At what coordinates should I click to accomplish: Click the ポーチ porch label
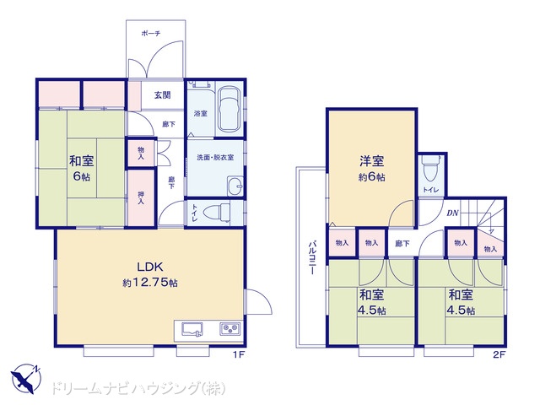pos(151,34)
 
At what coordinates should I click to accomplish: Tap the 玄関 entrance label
pos(163,94)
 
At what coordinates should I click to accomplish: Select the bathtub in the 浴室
pos(229,110)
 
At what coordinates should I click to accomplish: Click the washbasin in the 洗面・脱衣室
pos(235,186)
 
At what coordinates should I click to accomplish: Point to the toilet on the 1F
pos(217,213)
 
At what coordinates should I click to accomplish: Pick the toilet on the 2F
pos(429,168)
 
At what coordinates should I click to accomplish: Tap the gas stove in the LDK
pos(229,329)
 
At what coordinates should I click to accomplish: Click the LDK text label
pos(150,267)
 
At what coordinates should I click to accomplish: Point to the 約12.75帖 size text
pos(150,283)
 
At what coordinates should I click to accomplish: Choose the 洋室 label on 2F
pos(372,161)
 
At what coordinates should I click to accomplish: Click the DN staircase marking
pos(452,213)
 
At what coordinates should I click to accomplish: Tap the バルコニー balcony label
pos(312,258)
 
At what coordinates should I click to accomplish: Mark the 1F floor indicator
pos(238,354)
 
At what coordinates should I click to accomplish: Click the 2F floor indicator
pos(499,354)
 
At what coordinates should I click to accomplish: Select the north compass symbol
pos(26,378)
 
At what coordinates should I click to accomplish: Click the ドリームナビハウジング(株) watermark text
pos(138,388)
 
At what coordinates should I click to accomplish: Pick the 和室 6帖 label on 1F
pos(82,169)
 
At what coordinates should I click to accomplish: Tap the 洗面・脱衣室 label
pos(215,158)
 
